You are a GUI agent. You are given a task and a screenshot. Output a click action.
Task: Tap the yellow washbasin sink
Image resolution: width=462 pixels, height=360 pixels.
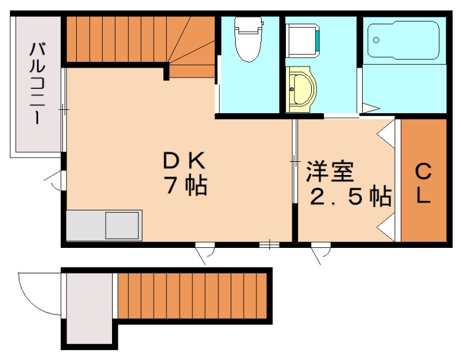[300, 90]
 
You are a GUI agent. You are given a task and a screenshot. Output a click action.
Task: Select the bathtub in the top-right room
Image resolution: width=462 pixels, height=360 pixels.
[404, 40]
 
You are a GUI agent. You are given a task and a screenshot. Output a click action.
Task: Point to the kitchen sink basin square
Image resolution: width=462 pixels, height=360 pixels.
[122, 225]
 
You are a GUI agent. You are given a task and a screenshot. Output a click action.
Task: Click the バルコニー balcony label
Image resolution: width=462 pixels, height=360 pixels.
[38, 83]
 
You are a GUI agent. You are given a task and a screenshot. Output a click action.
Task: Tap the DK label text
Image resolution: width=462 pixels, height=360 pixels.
[184, 161]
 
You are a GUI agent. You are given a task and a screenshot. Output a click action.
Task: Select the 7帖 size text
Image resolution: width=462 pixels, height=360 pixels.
[187, 185]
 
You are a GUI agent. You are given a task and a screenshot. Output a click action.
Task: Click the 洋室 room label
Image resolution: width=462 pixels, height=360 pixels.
[330, 171]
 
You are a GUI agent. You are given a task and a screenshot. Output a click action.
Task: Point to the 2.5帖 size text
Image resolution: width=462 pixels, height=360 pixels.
[351, 196]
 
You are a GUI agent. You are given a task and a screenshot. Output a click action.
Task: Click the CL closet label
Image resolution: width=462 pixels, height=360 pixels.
[423, 183]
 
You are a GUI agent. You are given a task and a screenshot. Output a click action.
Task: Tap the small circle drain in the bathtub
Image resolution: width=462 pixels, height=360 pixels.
[376, 40]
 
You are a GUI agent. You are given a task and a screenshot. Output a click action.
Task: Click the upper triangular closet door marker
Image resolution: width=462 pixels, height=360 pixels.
[386, 135]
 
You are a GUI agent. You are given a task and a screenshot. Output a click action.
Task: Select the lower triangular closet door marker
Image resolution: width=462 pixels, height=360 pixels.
[386, 227]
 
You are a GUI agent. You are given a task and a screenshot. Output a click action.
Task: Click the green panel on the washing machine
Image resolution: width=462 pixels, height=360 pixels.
[317, 40]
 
